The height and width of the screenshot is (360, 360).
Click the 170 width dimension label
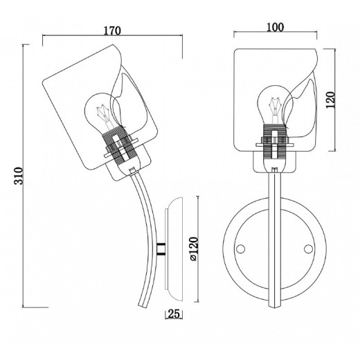[x=112, y=30]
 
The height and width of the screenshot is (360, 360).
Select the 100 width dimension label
[x=276, y=27]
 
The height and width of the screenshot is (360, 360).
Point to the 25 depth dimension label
[x=174, y=314]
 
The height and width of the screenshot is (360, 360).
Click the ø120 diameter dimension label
[x=193, y=249]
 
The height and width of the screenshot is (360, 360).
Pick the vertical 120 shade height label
[x=330, y=100]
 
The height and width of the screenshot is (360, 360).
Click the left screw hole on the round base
[x=241, y=249]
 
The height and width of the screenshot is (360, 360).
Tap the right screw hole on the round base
[x=308, y=249]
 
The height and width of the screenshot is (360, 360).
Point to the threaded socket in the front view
[x=274, y=142]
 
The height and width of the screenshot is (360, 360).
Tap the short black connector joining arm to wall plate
[x=161, y=249]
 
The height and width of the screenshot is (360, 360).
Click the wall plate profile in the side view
[x=174, y=249]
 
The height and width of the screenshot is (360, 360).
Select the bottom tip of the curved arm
[x=143, y=305]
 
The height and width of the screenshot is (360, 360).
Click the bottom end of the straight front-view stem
[x=275, y=306]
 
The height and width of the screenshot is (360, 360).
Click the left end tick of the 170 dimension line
[x=43, y=40]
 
